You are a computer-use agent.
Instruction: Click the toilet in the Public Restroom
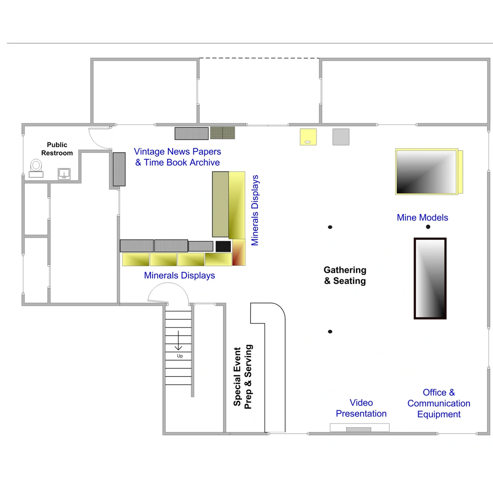coord(36,168)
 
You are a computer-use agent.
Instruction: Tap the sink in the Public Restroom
coord(64,174)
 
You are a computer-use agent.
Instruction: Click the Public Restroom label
coord(57,149)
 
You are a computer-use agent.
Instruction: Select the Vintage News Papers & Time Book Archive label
coord(178,157)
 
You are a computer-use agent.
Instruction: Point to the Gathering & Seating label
coord(345,275)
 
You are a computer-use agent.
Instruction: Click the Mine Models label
coord(422,217)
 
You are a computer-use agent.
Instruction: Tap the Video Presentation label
coord(361,408)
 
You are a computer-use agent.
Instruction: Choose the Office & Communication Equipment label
coord(439,403)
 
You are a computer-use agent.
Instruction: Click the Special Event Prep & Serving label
coord(243,377)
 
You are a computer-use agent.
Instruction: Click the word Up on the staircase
coord(180,356)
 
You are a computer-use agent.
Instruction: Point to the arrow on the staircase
coord(179,340)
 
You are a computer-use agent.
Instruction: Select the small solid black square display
coord(223,246)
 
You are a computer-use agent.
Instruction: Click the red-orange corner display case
coord(239,252)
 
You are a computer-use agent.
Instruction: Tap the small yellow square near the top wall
coord(308,137)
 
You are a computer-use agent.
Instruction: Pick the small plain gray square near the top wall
coord(341,137)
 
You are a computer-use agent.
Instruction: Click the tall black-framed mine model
coord(430,278)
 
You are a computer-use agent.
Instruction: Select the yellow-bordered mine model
coord(429,172)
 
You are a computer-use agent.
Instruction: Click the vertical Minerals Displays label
coord(255,210)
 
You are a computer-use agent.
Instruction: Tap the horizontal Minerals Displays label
coord(179,275)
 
